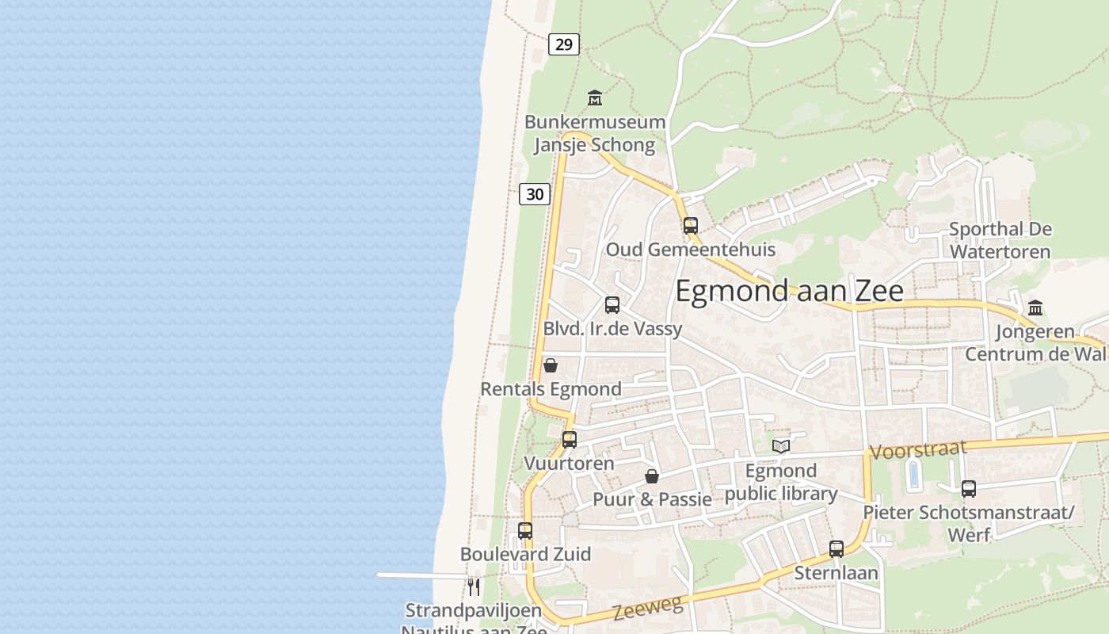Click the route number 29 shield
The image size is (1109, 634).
coord(563,44)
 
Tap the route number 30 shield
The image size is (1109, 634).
coord(535,193)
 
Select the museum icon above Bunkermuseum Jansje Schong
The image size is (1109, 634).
coord(595,98)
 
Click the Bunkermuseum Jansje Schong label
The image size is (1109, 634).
coord(595,133)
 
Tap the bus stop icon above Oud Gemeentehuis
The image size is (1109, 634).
coord(691,226)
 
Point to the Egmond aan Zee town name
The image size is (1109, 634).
coord(789,292)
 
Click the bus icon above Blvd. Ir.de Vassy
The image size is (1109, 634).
coord(612,305)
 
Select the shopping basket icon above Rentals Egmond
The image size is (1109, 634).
coord(551,365)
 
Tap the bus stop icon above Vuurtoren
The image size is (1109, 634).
coord(570,440)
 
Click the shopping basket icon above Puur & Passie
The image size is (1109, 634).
coord(652,476)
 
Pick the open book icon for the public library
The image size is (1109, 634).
coord(781,447)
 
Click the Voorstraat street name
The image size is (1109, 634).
coord(918,449)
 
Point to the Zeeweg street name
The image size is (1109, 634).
coord(647,609)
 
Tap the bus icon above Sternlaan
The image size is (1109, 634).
coord(837,548)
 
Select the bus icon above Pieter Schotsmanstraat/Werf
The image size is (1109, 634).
coord(968,489)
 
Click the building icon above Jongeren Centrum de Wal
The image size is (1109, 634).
coord(1035,307)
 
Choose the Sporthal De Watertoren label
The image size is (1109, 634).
coord(1000,240)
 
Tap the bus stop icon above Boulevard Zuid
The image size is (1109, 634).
coord(525,531)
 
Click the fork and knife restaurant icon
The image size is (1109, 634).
coord(474,586)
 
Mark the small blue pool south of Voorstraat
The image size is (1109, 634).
coord(913,475)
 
